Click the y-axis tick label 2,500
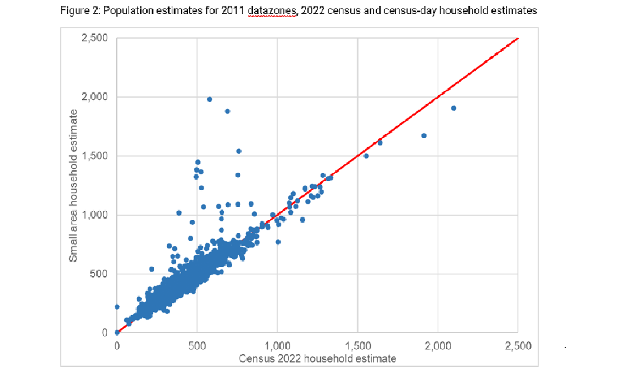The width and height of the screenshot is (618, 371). (x=95, y=38)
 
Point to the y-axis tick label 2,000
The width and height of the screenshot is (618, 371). (x=95, y=97)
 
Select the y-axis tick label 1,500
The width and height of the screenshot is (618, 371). (x=95, y=156)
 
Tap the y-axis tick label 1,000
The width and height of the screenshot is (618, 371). (x=95, y=215)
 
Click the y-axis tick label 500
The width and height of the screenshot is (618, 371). (x=98, y=274)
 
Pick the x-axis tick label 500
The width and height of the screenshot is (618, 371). (x=197, y=346)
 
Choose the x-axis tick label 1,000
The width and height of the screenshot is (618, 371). (x=277, y=346)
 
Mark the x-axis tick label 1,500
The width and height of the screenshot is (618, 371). (x=357, y=346)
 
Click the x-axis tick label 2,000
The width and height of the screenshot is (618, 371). (x=438, y=346)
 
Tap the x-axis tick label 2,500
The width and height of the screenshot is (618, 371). (x=518, y=346)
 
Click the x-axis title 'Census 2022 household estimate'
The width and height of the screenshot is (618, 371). (x=318, y=358)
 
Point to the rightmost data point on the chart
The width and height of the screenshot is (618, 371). (x=454, y=108)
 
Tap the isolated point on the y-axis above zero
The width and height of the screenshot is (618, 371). (x=117, y=307)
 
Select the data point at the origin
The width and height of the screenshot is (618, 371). (x=117, y=332)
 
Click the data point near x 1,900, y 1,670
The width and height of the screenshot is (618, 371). (x=424, y=135)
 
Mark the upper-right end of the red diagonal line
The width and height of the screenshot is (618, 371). (x=517, y=39)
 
